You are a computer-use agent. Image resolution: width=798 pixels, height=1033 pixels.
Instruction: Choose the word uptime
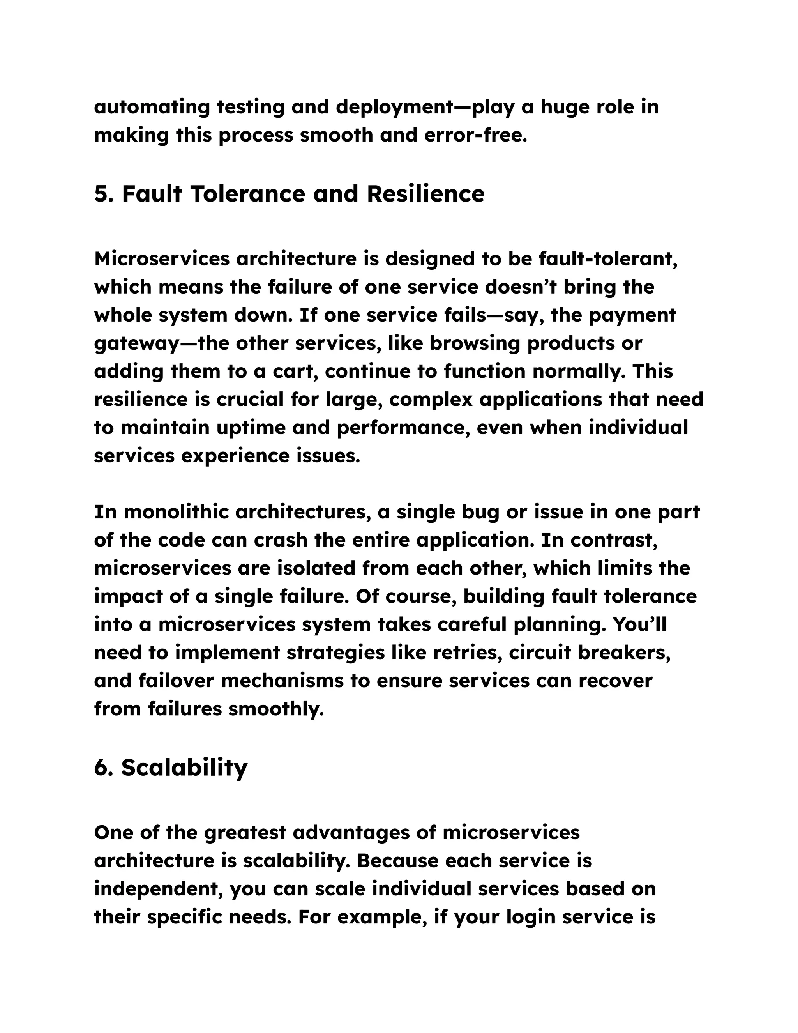[x=251, y=428]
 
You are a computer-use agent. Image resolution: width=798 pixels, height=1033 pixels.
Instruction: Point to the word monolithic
[x=175, y=512]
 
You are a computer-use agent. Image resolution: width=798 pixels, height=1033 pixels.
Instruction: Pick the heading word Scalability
[x=184, y=768]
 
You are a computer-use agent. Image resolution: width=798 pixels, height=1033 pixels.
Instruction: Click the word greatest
[x=245, y=833]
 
